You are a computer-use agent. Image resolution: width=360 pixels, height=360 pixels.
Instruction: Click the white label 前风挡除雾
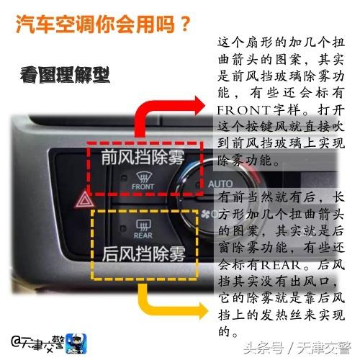pos(143,157)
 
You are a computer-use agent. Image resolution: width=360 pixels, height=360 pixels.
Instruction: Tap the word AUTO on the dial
pos(220,184)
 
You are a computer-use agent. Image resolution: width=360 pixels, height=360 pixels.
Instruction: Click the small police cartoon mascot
pos(73,339)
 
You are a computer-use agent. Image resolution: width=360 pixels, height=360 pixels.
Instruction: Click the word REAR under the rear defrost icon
pos(143,235)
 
